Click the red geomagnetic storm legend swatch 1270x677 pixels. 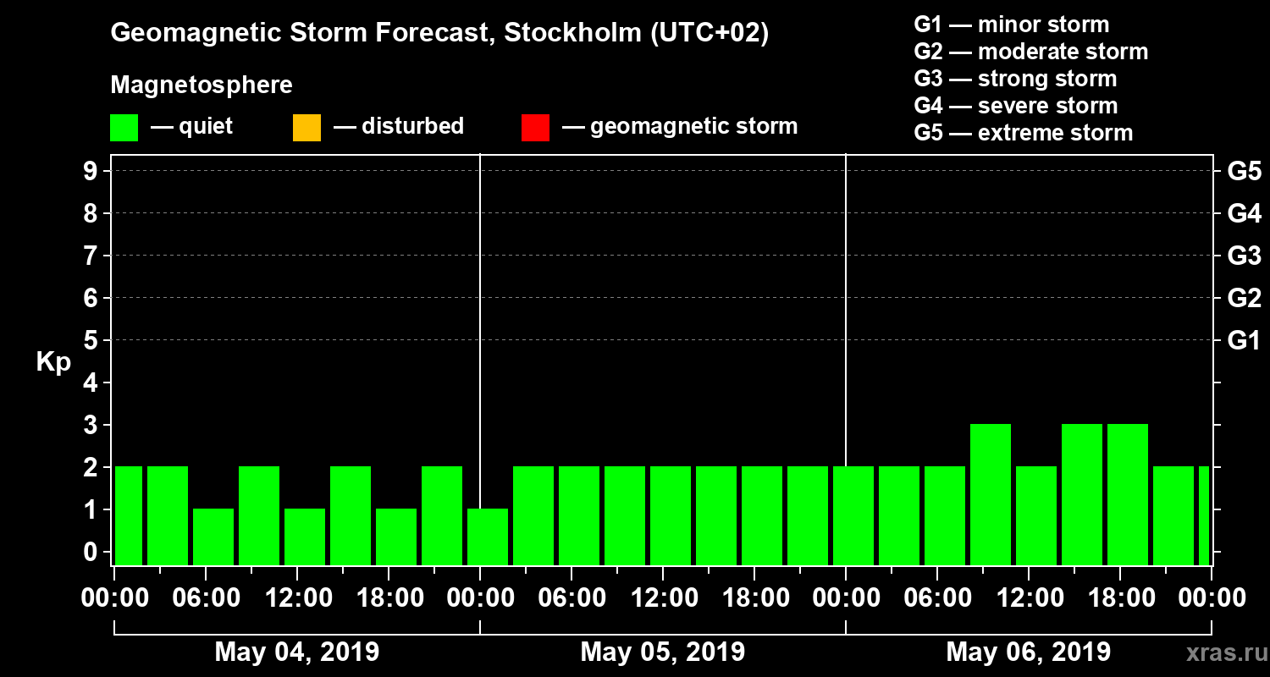(x=535, y=128)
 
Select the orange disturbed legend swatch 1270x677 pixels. (x=306, y=128)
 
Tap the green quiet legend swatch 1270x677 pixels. (x=124, y=128)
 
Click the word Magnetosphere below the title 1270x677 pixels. (x=202, y=85)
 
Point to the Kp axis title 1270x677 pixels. (x=53, y=362)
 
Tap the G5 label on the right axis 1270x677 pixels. (x=1244, y=171)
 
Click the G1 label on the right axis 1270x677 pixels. (x=1244, y=340)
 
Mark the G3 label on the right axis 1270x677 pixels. (x=1244, y=256)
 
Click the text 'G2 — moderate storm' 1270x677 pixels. (x=1030, y=52)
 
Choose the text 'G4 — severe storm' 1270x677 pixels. (x=1015, y=106)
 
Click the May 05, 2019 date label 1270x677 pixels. (x=663, y=652)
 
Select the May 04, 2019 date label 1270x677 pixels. (x=297, y=652)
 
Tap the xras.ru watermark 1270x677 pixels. (x=1220, y=652)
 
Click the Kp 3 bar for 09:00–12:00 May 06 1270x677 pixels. (x=991, y=494)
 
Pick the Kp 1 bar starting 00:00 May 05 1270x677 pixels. (x=488, y=537)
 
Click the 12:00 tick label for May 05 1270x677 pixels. (x=663, y=598)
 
